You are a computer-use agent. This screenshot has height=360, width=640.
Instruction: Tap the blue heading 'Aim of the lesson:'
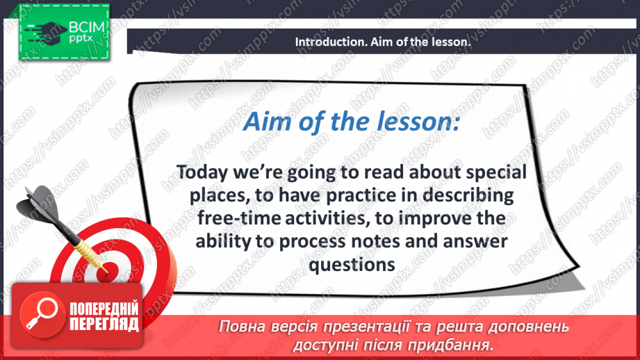point(352,122)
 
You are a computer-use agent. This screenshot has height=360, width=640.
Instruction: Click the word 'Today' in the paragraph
point(202,172)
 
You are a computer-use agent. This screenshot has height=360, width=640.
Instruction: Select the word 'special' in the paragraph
point(496,172)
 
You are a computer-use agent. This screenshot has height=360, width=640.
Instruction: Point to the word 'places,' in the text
point(219,196)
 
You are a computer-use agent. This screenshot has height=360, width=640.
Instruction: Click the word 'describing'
point(468,195)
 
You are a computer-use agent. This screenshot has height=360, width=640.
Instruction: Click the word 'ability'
point(224,241)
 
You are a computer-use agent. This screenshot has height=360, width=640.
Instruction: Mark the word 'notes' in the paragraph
point(375,242)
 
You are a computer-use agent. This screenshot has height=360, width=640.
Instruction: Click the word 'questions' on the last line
point(352,265)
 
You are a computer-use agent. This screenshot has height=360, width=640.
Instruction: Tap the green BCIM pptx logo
point(64,32)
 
